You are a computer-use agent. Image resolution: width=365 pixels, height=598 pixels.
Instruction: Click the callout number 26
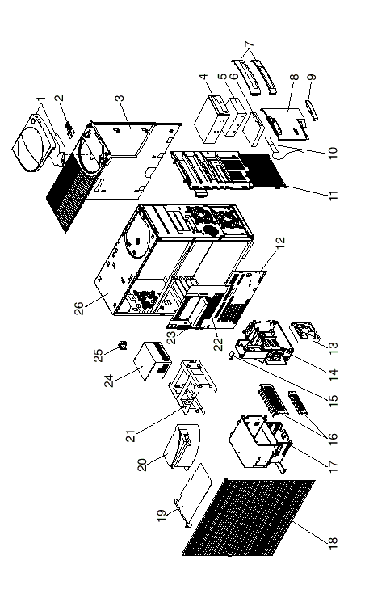coord(81,309)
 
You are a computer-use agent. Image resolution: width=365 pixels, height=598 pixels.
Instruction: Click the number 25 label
coord(99,355)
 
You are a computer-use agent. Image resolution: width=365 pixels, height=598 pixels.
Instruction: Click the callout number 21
coord(131,436)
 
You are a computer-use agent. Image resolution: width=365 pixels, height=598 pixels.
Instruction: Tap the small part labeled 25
coord(123,347)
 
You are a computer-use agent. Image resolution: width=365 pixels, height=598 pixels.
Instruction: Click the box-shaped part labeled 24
coord(153,361)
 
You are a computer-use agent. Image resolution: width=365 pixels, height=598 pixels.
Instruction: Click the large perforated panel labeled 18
coord(249,517)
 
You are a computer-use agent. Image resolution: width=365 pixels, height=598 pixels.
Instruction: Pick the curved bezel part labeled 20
coord(182,447)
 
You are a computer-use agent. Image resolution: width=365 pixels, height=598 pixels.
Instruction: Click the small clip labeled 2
coord(69,129)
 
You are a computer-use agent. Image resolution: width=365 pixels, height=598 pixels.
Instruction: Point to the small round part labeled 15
coord(232,355)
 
